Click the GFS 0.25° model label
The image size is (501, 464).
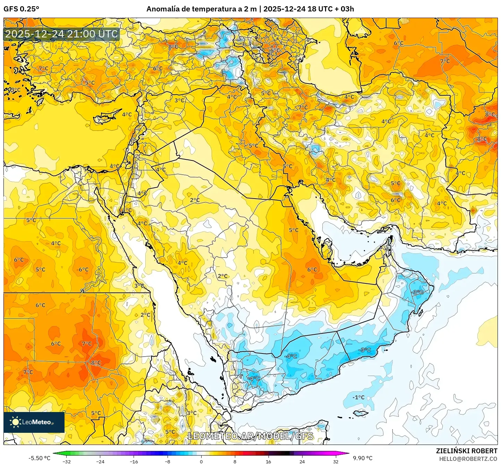point(21,9)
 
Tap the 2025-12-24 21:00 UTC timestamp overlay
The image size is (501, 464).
point(61,34)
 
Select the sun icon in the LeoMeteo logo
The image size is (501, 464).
point(15,422)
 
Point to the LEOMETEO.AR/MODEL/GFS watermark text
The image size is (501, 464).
point(250,436)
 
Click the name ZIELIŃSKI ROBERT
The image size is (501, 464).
point(466,451)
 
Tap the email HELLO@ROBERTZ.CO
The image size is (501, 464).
point(468,458)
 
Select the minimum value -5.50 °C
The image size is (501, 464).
point(39,458)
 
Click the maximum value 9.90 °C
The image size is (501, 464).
point(363,458)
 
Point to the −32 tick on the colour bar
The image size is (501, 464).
point(66,461)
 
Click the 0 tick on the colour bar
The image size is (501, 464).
point(201,461)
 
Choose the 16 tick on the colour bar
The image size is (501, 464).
point(268,461)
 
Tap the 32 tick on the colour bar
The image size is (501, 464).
point(336,461)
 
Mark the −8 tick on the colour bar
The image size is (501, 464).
point(167,461)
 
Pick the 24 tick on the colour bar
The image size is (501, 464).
point(302,461)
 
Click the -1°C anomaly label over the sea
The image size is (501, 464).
point(358,397)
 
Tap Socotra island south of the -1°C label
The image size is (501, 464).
point(360,413)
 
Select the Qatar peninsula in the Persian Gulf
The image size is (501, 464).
point(326,246)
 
